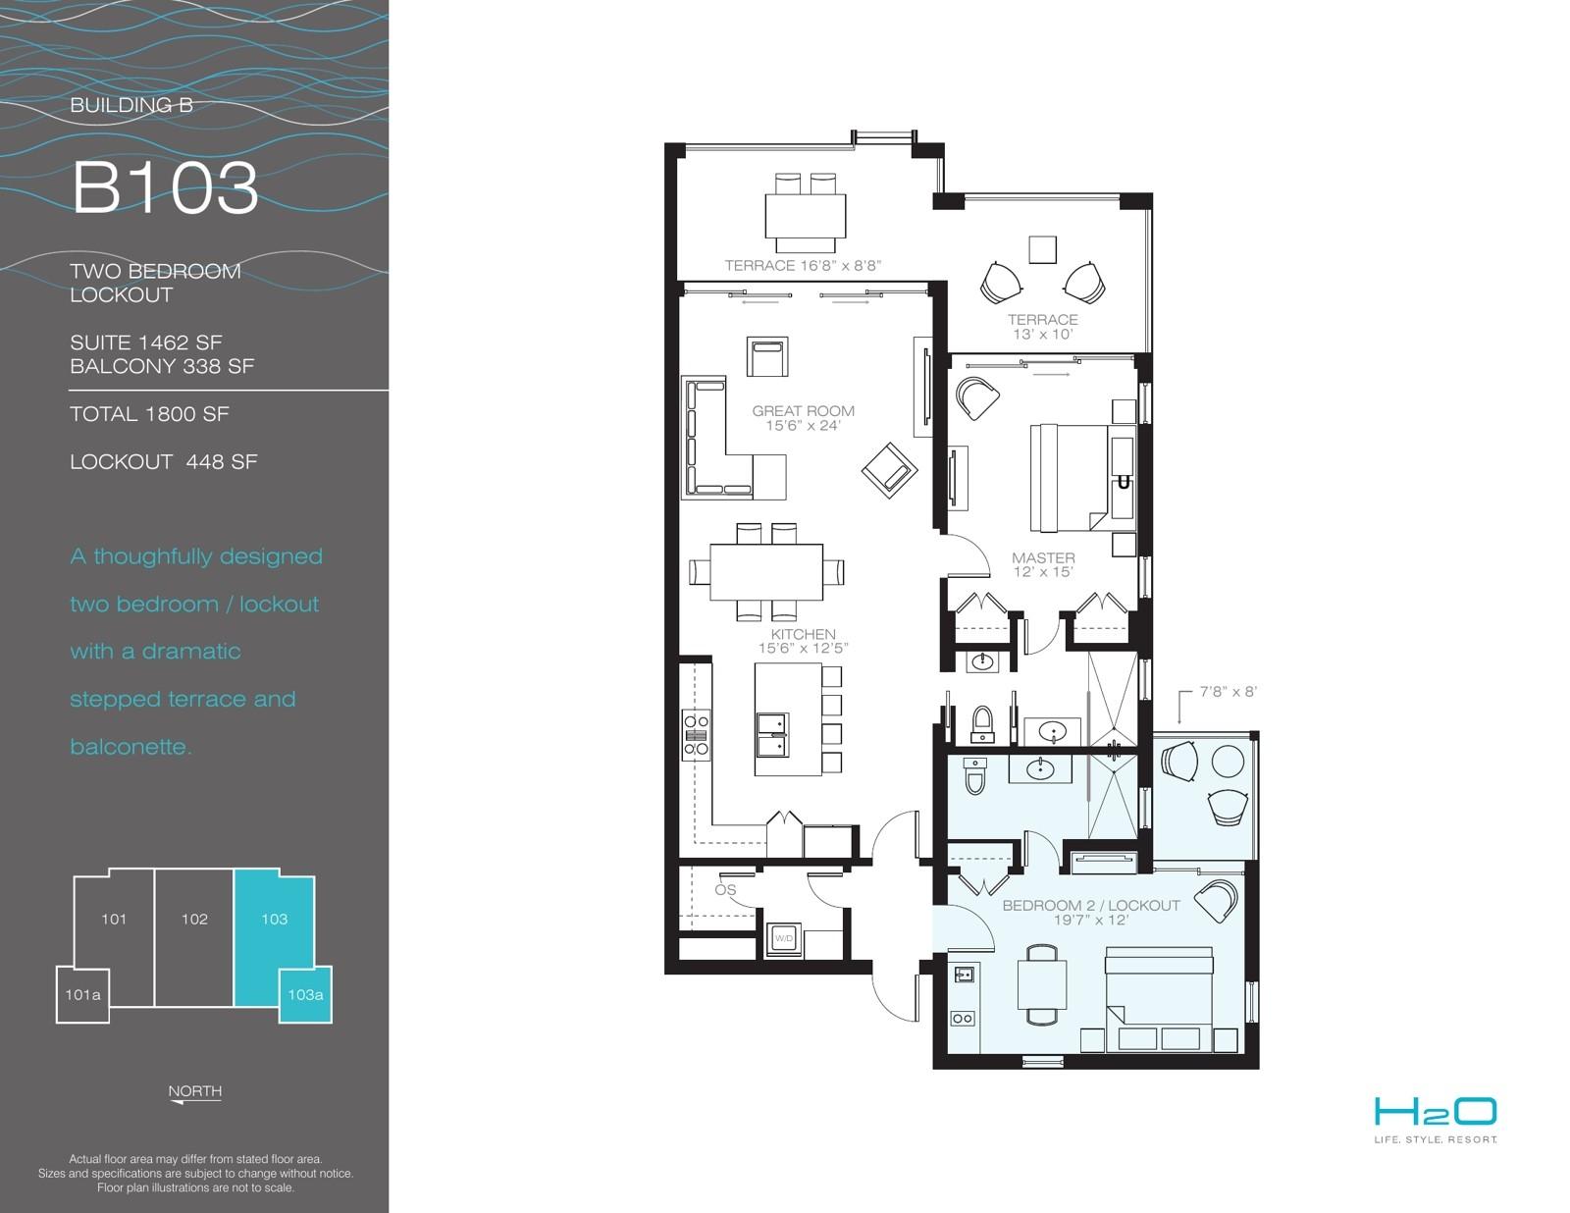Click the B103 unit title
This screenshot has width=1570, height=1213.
165,187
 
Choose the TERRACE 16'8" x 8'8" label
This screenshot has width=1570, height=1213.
803,266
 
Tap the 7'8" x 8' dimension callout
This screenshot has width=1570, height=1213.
1229,691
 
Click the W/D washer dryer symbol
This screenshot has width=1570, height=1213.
783,938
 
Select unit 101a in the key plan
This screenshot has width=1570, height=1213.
83,995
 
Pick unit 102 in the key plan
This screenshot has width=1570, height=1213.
194,938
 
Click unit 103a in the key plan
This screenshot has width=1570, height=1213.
305,995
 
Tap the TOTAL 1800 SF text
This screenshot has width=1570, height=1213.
149,414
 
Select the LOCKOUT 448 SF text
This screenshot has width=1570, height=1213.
163,461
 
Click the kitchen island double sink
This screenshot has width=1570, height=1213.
772,734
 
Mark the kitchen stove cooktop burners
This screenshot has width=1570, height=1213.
696,735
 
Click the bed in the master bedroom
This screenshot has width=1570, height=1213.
1069,478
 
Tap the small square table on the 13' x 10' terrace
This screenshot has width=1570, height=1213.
1043,249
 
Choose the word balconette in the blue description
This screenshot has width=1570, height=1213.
131,746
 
